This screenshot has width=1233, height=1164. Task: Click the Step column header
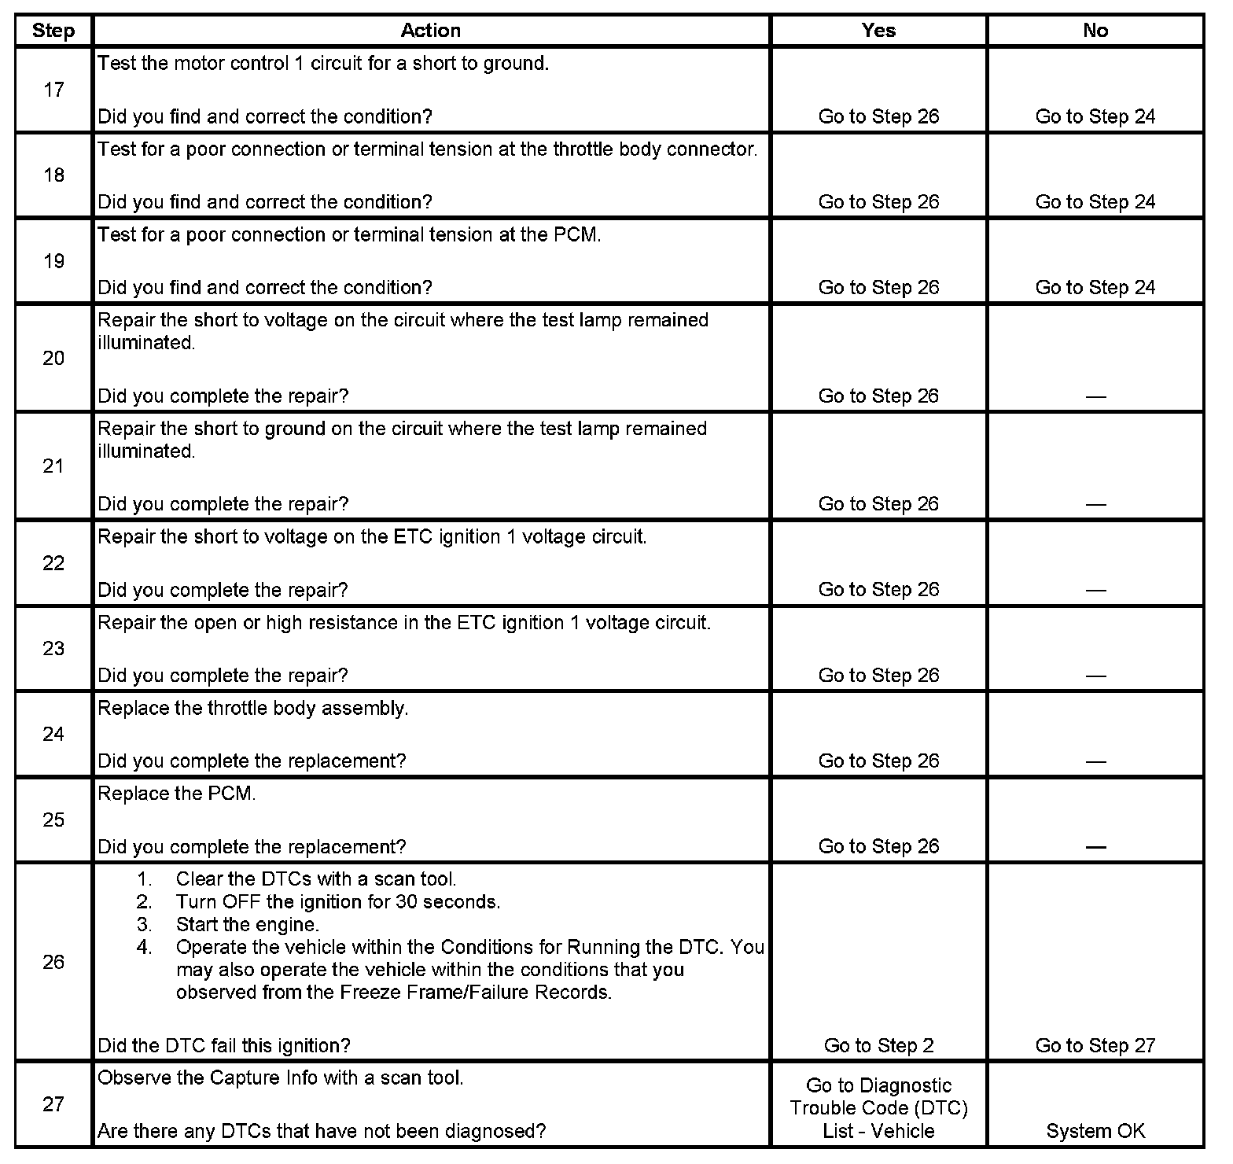[x=53, y=31]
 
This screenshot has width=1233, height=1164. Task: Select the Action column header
[x=430, y=31]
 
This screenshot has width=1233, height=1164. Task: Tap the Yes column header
[x=878, y=31]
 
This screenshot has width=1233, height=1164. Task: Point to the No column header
[x=1095, y=31]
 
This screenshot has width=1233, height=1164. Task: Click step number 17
[x=53, y=90]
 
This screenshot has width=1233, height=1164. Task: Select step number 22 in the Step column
[x=53, y=563]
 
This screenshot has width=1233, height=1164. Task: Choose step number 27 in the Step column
[x=53, y=1104]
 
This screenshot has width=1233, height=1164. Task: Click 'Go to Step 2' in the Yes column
[x=878, y=1045]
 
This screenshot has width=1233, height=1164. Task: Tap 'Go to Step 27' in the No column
[x=1095, y=1045]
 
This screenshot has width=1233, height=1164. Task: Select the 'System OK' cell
[x=1095, y=1131]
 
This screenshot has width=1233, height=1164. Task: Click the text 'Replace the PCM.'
[x=177, y=794]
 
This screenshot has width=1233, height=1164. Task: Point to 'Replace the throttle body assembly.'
[x=252, y=708]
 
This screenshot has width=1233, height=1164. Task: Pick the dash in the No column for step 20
[x=1095, y=396]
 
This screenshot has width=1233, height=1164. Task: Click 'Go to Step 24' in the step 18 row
[x=1095, y=202]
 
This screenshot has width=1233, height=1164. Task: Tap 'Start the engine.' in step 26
[x=247, y=924]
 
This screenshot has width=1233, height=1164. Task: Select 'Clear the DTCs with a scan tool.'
[x=315, y=879]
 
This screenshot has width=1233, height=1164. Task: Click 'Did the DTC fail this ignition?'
[x=223, y=1045]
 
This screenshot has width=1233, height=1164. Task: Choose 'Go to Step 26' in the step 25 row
[x=878, y=846]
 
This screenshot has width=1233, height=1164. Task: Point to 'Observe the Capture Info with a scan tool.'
[x=280, y=1077]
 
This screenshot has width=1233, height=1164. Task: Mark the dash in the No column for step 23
[x=1095, y=676]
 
